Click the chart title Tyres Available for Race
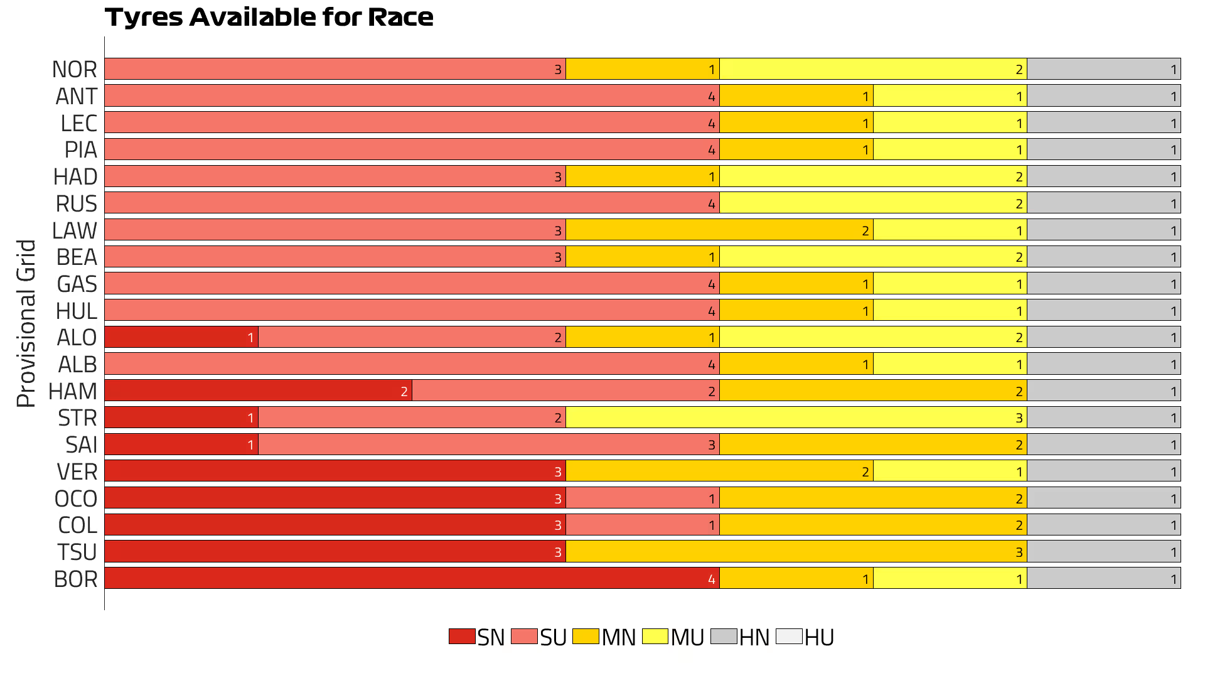click(x=269, y=18)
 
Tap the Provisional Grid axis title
click(x=26, y=323)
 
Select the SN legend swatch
click(x=462, y=637)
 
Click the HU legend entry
click(x=805, y=637)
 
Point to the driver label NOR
click(x=75, y=69)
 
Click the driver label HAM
click(x=73, y=391)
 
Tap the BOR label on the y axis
click(x=75, y=579)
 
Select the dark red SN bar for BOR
click(x=412, y=578)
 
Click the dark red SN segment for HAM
click(x=258, y=390)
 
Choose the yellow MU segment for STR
click(x=796, y=417)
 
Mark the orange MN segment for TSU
click(x=796, y=552)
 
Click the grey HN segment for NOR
click(x=1103, y=69)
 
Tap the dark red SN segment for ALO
click(x=181, y=337)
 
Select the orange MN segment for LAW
click(x=719, y=230)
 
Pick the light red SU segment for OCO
click(x=642, y=498)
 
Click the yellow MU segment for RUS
click(x=873, y=203)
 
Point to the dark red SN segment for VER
click(x=335, y=471)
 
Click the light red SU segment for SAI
click(x=488, y=444)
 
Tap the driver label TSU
click(x=77, y=552)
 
